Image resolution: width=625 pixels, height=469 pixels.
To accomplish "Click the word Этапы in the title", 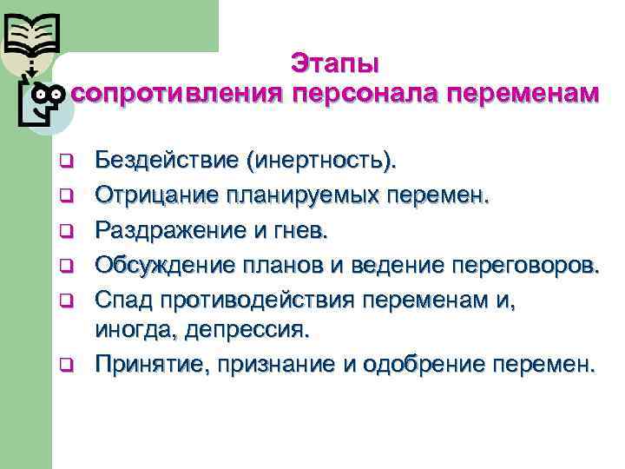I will [335, 63].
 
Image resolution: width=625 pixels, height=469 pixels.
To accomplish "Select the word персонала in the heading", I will [365, 92].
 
